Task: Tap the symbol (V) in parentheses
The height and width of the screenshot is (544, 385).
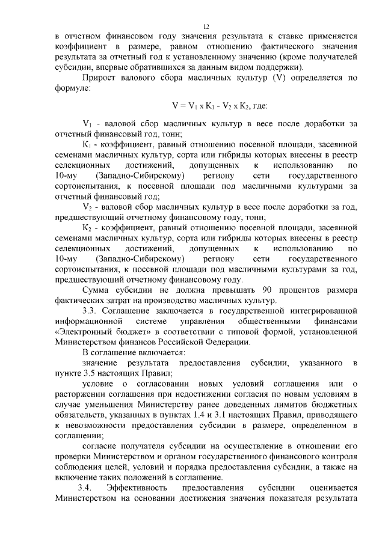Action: pos(278,78)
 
